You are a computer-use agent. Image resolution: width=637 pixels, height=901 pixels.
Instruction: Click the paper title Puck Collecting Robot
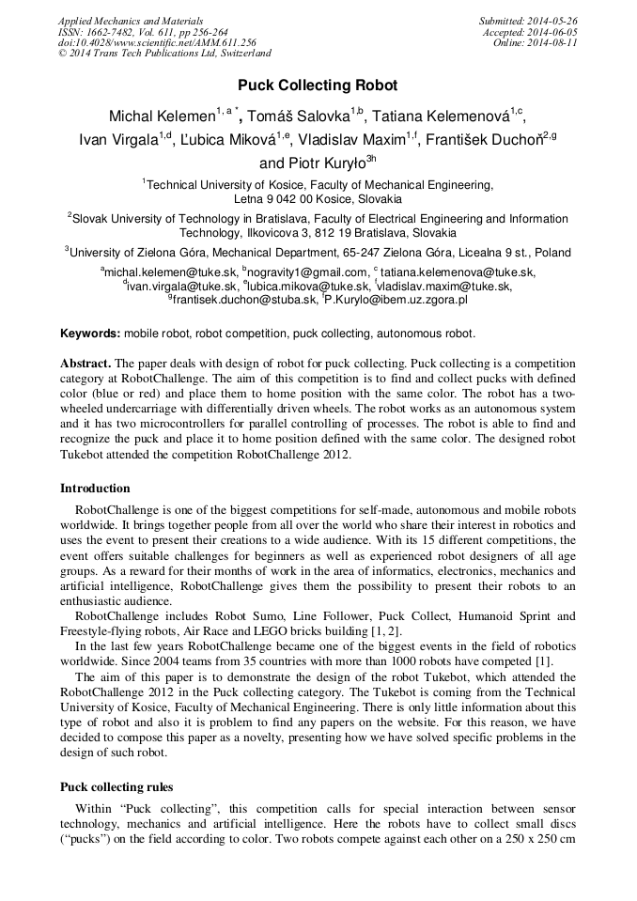point(318,85)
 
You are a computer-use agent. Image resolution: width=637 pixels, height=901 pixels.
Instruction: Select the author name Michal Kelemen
point(162,117)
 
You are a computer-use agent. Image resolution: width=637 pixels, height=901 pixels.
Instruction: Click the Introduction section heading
point(95,489)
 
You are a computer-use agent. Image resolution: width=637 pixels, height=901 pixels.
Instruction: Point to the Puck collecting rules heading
point(117,786)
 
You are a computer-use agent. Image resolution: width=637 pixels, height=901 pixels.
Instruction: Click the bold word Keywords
point(89,334)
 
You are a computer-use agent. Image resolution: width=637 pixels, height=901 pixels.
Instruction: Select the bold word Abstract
point(85,363)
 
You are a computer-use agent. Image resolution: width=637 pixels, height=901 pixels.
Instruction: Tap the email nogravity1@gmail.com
point(293,272)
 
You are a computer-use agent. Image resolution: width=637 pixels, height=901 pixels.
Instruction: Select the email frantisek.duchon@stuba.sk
point(245,300)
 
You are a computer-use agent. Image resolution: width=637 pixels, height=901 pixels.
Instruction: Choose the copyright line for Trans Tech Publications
point(164,54)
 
